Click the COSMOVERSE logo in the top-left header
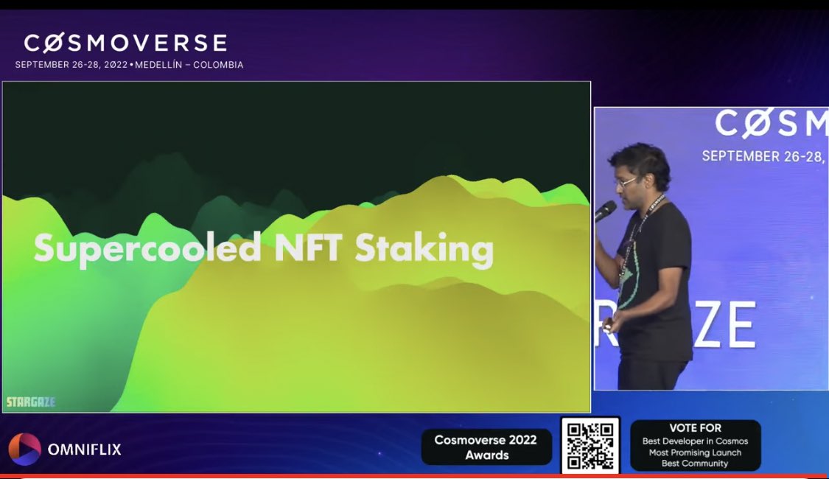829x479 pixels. tap(125, 43)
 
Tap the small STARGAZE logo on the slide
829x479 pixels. tap(31, 402)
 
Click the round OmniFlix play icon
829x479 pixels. tap(24, 449)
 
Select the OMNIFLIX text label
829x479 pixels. tap(84, 449)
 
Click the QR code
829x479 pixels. tap(590, 446)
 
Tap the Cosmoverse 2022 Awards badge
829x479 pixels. tap(486, 447)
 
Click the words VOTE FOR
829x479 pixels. tap(695, 428)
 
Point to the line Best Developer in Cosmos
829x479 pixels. tap(695, 441)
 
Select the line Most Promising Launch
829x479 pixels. tap(695, 452)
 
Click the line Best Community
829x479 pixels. tap(695, 464)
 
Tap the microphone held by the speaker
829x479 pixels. tap(605, 211)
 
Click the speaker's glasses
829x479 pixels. tap(626, 181)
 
